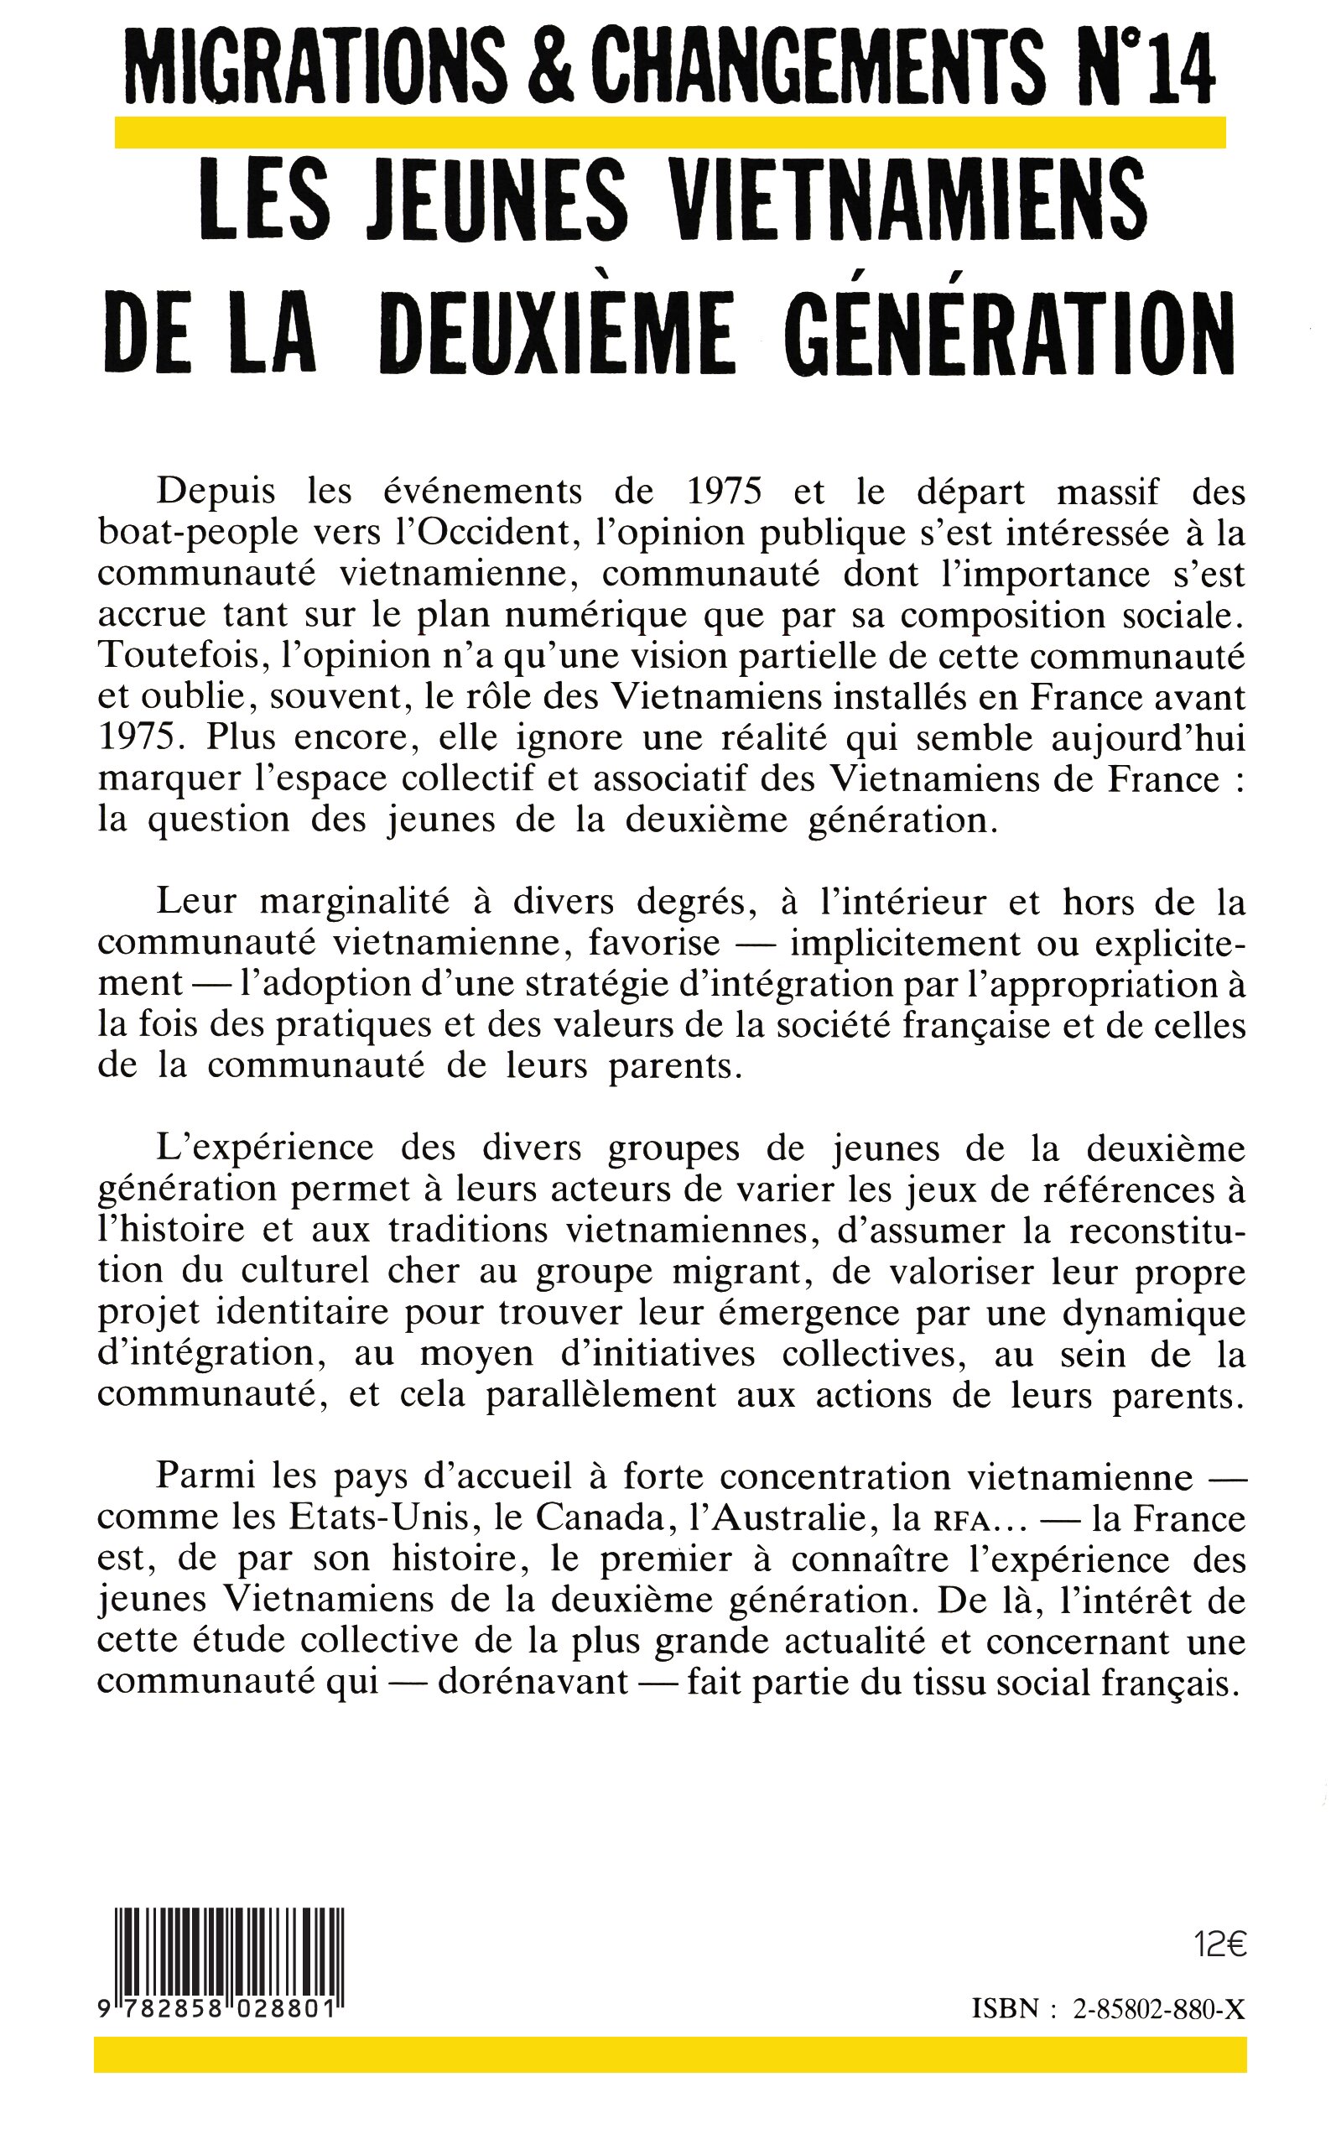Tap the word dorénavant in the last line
tap(533, 1681)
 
